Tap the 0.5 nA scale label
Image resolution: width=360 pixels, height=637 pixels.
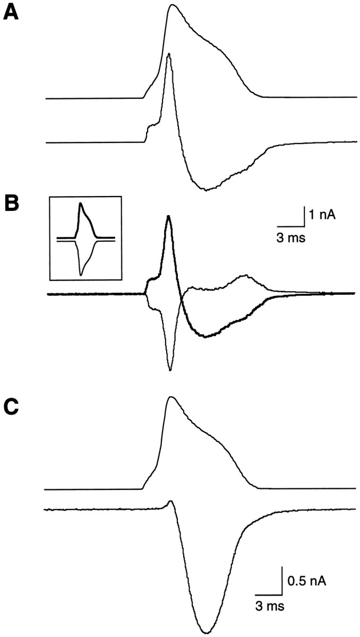click(x=307, y=582)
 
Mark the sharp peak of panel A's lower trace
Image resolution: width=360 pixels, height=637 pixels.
click(x=169, y=54)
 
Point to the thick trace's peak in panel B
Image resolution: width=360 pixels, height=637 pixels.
click(x=169, y=216)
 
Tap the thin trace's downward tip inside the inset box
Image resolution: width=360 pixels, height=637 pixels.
click(x=81, y=274)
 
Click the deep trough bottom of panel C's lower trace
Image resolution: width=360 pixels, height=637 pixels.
click(x=206, y=632)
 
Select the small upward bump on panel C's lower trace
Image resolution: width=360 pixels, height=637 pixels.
click(x=170, y=501)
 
